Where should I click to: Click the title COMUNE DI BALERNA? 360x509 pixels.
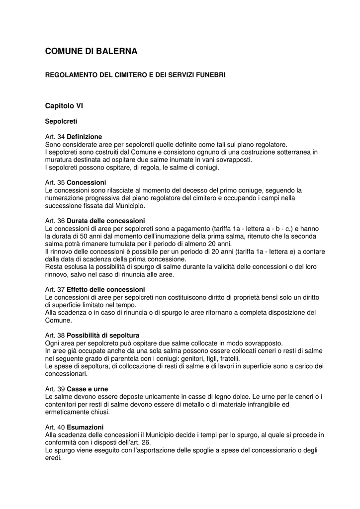91,51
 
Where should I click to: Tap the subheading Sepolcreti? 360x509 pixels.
61,121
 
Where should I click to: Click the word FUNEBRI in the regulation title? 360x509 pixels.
210,75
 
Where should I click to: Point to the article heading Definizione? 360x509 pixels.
84,136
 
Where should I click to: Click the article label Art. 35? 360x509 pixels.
55,182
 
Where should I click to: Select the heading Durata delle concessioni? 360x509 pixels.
105,220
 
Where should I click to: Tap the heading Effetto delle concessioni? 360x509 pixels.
105,289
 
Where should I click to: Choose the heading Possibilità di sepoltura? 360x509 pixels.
103,336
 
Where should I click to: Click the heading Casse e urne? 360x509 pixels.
87,389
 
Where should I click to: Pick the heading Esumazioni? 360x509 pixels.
85,427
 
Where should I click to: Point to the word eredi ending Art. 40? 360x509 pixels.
53,458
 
